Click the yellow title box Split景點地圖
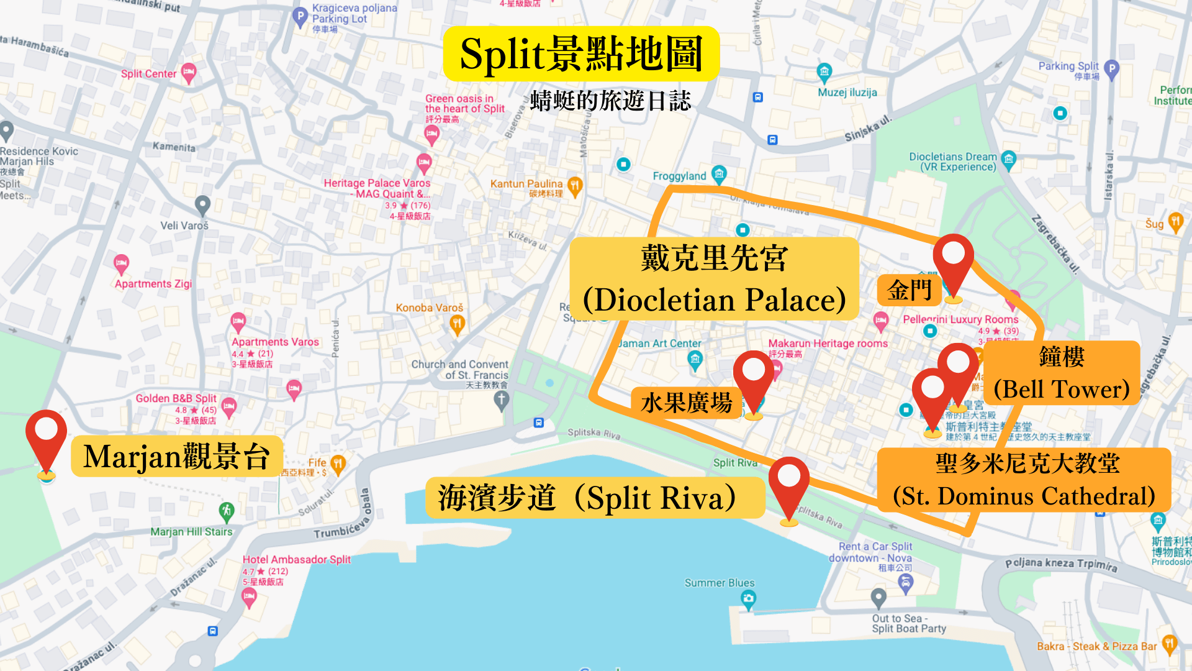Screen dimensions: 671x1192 [581, 54]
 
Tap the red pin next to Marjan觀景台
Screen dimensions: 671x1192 [47, 438]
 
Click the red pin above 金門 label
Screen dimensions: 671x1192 [954, 261]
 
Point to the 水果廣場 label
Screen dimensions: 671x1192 [687, 403]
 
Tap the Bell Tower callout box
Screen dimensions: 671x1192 [1062, 373]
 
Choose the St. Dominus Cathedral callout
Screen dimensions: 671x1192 [1024, 480]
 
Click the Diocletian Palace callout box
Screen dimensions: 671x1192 [714, 278]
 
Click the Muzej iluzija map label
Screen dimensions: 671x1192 [847, 93]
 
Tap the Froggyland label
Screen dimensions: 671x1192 [679, 176]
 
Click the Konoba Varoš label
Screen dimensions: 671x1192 [430, 308]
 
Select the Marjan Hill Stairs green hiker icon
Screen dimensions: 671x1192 [227, 511]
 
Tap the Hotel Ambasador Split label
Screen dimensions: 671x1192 [296, 559]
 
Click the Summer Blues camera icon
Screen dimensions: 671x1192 [749, 599]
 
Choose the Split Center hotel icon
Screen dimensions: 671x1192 [189, 73]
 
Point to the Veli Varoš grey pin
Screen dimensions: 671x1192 [202, 204]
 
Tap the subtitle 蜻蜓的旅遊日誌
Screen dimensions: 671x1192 [610, 101]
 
